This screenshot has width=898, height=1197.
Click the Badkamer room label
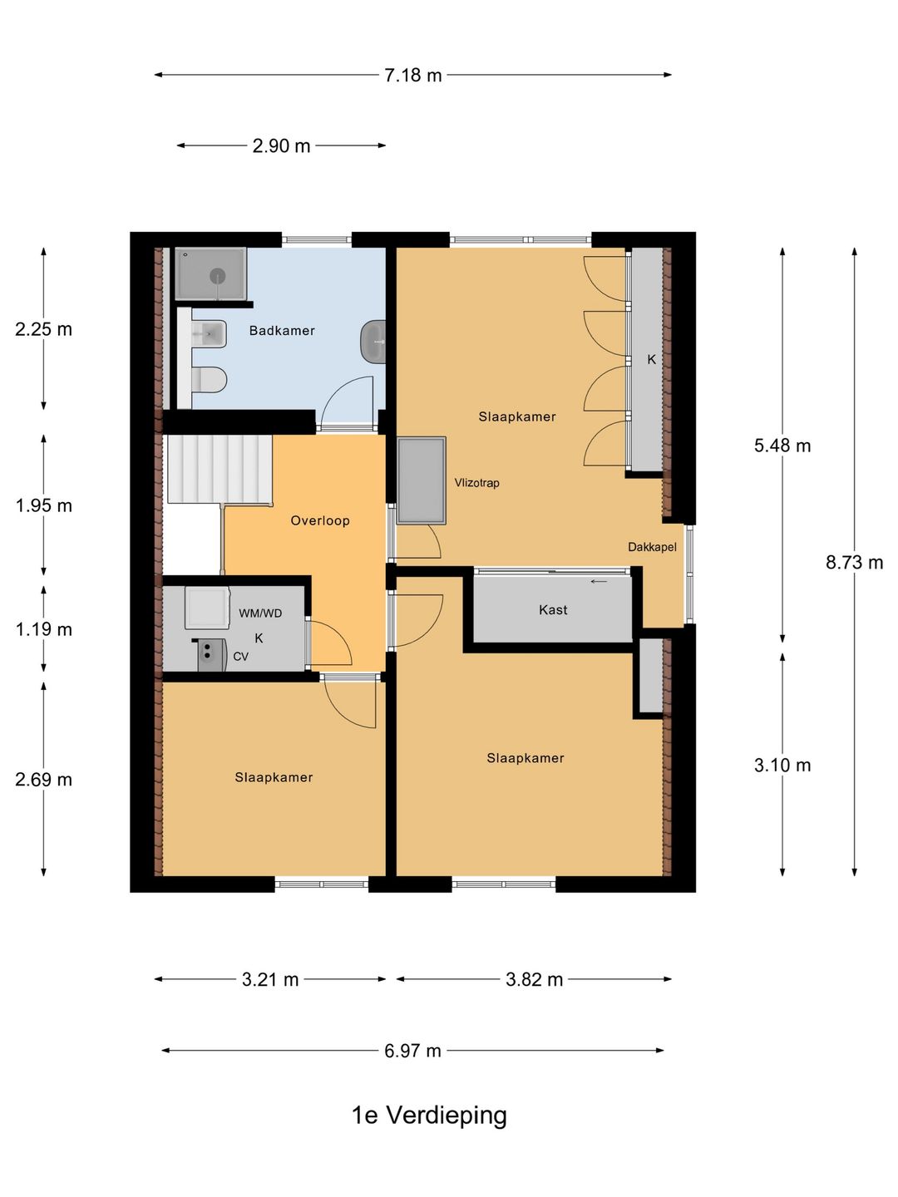[281, 331]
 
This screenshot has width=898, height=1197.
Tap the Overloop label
[320, 520]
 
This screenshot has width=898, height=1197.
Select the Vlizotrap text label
[477, 483]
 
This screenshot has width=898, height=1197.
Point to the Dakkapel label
[652, 547]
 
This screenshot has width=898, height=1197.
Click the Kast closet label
[553, 609]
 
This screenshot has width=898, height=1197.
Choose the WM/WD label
[260, 613]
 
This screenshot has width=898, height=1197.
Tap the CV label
[240, 657]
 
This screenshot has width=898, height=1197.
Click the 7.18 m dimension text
[412, 76]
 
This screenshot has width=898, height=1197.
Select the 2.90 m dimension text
[281, 146]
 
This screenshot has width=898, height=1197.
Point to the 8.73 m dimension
[854, 562]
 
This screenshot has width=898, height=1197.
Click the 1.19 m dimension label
[43, 629]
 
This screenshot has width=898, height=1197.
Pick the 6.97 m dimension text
[412, 1051]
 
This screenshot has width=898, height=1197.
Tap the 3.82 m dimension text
[534, 979]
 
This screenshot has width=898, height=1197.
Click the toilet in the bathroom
[210, 380]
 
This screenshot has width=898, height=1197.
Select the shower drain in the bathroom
[218, 276]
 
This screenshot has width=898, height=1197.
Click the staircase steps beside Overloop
[220, 469]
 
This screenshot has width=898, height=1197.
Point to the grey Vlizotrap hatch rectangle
[421, 480]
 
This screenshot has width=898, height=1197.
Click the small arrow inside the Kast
[599, 581]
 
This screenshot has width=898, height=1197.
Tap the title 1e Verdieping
[429, 1115]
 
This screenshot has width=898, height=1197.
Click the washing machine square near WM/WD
[207, 607]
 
